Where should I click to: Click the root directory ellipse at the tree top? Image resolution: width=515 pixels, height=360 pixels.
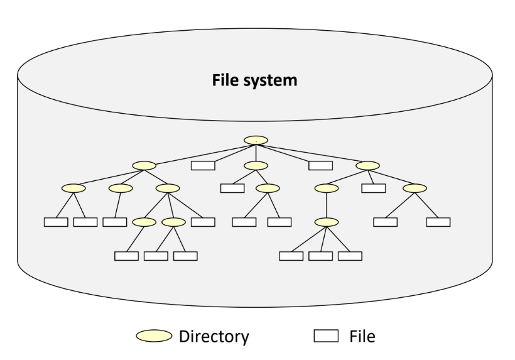tap(256, 139)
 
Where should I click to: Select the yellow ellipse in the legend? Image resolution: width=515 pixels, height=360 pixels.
tap(153, 337)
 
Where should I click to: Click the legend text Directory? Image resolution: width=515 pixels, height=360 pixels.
tap(214, 337)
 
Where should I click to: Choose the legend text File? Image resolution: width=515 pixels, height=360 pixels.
tap(362, 337)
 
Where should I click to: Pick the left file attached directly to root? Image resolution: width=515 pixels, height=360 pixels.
tap(203, 165)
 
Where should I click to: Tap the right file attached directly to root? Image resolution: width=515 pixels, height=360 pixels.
tap(320, 165)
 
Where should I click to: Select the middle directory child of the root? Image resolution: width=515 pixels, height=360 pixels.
tap(256, 166)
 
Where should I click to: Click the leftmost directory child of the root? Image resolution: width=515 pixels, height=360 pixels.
tap(144, 166)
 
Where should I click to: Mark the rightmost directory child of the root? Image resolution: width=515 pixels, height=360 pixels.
tap(367, 166)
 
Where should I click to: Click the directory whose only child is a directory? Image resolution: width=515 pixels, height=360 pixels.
tap(327, 188)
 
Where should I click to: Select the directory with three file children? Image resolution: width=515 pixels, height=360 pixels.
tap(327, 222)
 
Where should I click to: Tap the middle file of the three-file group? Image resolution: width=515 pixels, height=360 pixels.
tap(320, 256)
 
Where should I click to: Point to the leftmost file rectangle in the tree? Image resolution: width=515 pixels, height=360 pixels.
tap(55, 222)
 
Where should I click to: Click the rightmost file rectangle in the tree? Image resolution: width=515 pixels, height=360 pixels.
tap(438, 222)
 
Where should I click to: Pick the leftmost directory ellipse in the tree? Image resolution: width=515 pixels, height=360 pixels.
tap(73, 188)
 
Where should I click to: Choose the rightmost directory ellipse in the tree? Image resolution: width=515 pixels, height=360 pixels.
tap(415, 188)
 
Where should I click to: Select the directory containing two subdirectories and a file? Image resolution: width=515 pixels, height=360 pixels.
tap(168, 188)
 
